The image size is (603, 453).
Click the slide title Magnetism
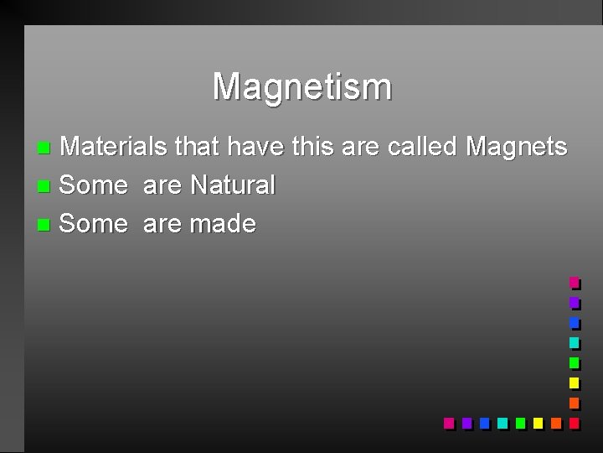tap(301, 86)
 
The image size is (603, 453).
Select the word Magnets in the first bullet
tap(516, 148)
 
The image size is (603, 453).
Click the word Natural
tap(232, 185)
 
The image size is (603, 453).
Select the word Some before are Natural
tap(94, 185)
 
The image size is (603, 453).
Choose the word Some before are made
tap(94, 224)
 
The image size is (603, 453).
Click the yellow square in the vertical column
tap(574, 383)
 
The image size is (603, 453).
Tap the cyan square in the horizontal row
tap(502, 423)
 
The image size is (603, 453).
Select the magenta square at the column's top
tap(574, 283)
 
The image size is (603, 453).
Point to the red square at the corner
tap(574, 423)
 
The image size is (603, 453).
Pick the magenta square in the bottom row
tap(448, 423)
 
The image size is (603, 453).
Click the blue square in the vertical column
tap(574, 323)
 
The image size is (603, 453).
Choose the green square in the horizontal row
tap(520, 423)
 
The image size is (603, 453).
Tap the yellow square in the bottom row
tap(538, 423)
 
